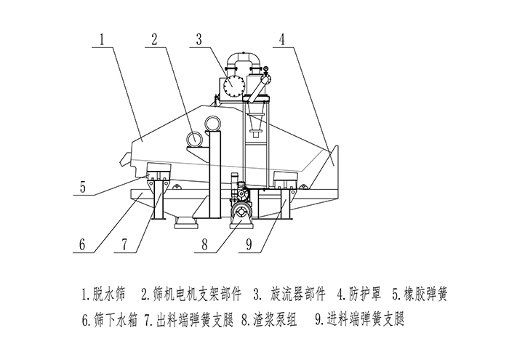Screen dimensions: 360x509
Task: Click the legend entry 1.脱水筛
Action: click(x=103, y=295)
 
